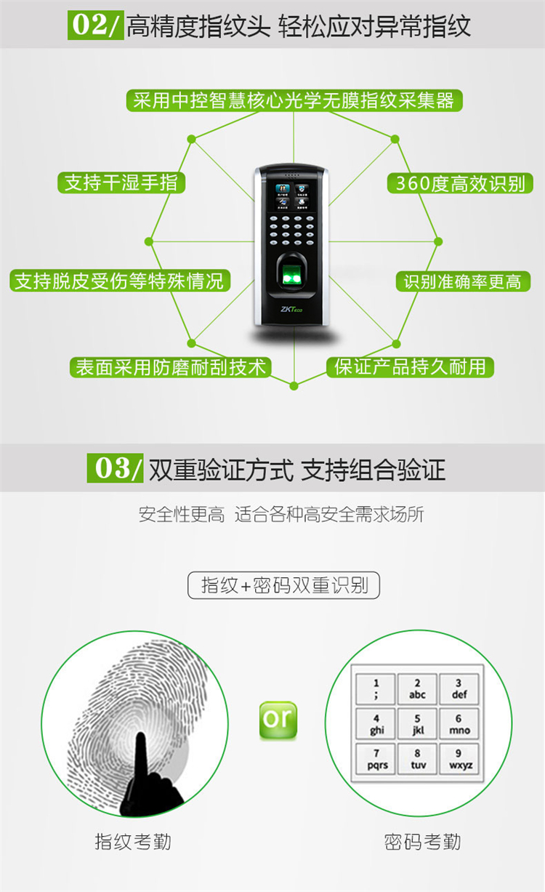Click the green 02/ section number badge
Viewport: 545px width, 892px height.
click(x=95, y=25)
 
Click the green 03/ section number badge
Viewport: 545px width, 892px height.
click(x=115, y=468)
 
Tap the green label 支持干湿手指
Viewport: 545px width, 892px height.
click(x=121, y=182)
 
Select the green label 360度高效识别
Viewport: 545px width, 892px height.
click(x=460, y=183)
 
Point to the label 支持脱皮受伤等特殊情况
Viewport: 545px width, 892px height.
click(x=120, y=281)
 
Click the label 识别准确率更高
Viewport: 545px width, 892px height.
click(x=463, y=281)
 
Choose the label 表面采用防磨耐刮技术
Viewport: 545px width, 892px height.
click(x=170, y=367)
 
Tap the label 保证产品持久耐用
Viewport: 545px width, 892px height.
click(x=410, y=367)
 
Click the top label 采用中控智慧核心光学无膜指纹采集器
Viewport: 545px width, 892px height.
click(x=294, y=100)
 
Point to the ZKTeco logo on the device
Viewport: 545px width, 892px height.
click(x=291, y=310)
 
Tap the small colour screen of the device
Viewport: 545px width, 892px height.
click(x=292, y=196)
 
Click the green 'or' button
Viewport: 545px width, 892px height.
click(x=278, y=720)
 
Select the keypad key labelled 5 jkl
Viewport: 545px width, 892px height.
click(x=418, y=724)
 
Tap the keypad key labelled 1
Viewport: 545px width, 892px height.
click(x=376, y=689)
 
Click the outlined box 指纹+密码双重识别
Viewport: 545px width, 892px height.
click(x=284, y=585)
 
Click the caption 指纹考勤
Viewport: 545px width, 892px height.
click(x=133, y=841)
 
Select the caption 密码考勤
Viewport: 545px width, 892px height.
click(x=422, y=842)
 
